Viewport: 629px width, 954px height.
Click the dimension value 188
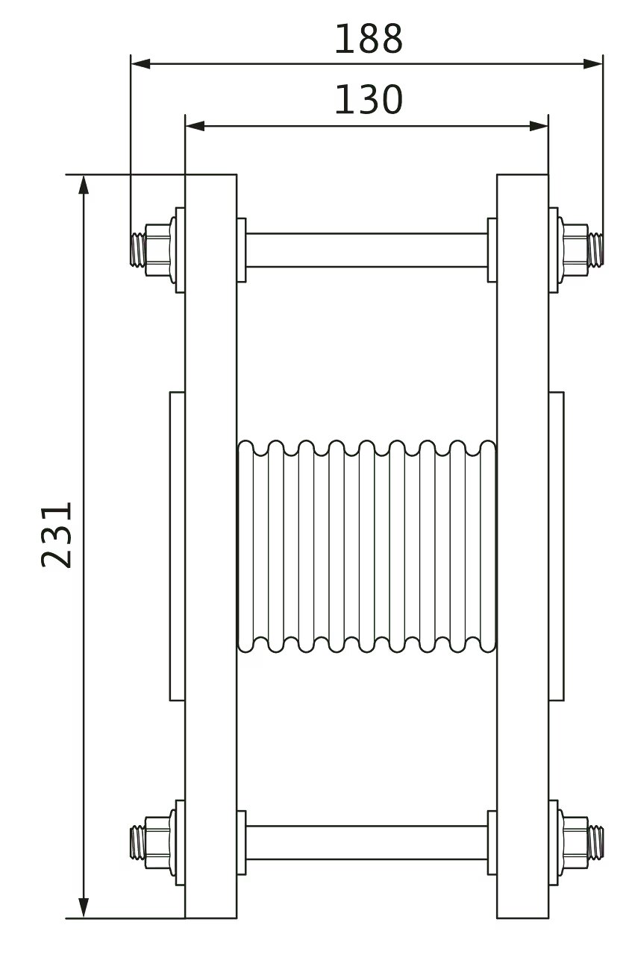pyautogui.click(x=368, y=40)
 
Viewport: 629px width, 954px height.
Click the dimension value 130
pyautogui.click(x=368, y=100)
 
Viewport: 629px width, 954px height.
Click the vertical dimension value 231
pyautogui.click(x=57, y=534)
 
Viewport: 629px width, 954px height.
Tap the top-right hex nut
pyautogui.click(x=575, y=245)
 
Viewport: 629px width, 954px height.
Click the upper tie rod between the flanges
pyautogui.click(x=366, y=250)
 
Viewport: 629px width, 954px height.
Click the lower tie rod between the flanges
pyautogui.click(x=366, y=842)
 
